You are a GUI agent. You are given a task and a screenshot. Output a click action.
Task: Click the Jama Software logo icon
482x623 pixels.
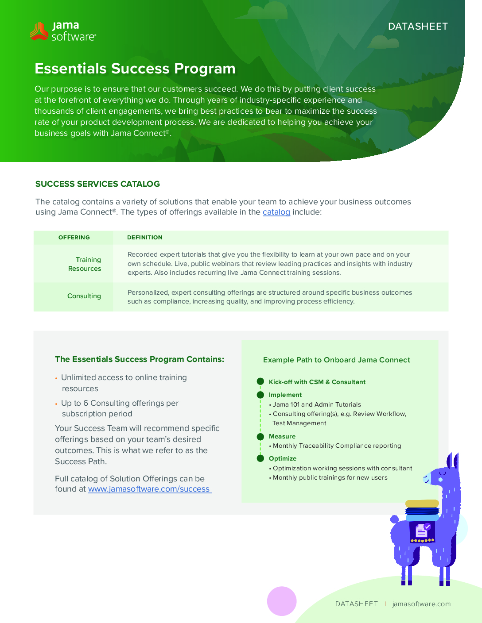click(39, 31)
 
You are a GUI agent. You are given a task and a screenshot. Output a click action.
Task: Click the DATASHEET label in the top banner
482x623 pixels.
click(418, 27)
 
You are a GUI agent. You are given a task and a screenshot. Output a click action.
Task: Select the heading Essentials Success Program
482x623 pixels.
click(135, 69)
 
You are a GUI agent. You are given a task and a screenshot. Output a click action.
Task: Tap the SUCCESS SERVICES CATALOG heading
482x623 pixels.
click(97, 184)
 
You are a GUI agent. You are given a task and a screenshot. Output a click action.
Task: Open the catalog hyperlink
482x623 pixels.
click(276, 212)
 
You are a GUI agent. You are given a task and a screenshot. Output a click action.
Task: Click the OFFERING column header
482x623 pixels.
click(74, 238)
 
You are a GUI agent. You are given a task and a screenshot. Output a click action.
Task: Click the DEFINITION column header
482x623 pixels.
click(145, 238)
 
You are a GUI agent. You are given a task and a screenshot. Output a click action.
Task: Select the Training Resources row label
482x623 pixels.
click(85, 264)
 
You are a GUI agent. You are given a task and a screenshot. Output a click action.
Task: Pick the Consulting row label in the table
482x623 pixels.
click(84, 296)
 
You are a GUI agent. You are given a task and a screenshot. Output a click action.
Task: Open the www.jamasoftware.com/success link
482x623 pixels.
click(149, 489)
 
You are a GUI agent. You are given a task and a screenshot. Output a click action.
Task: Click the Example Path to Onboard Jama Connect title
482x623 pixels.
click(337, 360)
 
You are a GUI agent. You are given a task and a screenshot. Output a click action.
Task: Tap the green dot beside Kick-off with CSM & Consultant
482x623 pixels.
click(260, 381)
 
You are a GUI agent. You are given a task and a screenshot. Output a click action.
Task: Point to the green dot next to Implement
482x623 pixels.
click(260, 395)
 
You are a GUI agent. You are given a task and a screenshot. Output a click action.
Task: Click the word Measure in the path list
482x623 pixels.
click(282, 436)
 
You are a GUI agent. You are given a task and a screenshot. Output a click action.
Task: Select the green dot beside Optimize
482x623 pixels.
click(260, 458)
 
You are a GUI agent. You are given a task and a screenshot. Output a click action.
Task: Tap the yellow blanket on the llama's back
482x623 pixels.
click(422, 504)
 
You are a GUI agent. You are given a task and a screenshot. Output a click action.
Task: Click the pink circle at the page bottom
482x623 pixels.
click(282, 601)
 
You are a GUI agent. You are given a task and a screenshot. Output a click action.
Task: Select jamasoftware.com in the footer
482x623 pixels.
click(421, 604)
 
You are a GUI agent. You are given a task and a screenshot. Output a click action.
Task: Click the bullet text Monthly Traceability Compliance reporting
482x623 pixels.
click(337, 446)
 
